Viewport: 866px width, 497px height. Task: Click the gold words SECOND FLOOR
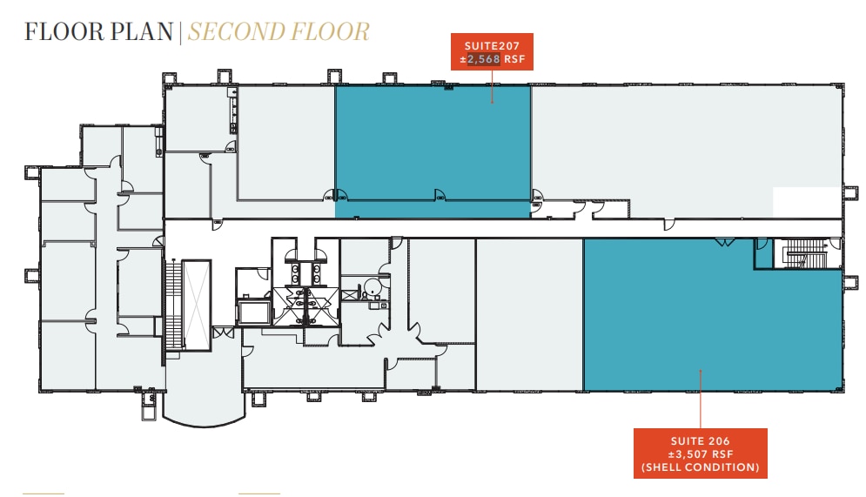[x=279, y=32]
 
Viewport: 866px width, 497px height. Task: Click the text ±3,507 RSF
[x=701, y=453]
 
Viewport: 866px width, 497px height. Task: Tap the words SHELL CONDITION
[x=701, y=467]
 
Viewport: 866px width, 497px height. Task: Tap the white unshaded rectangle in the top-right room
[x=807, y=202]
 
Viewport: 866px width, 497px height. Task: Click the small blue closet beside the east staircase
[x=763, y=255]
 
